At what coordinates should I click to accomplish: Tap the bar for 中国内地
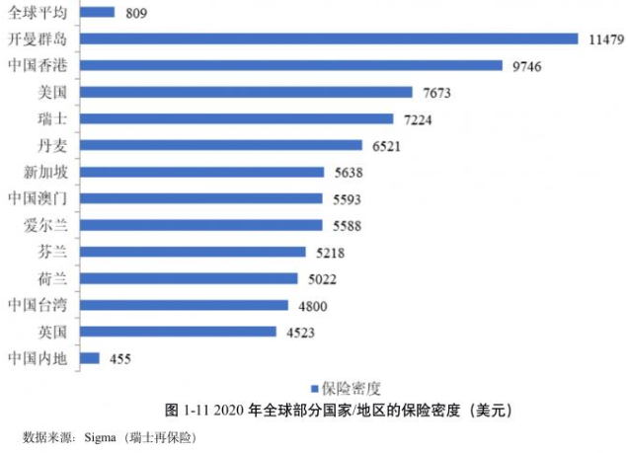90,358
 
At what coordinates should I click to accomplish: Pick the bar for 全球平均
97,13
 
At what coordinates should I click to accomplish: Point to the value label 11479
605,39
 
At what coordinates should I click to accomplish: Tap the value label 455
118,359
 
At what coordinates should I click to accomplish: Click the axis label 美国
50,92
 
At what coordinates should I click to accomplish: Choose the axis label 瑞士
50,118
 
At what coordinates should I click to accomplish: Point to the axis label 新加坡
43,172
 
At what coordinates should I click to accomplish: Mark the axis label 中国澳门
37,198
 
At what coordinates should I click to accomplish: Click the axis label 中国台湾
37,305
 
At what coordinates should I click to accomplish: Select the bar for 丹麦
221,145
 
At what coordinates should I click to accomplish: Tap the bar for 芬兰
198,252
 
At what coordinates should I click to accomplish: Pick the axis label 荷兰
50,278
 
